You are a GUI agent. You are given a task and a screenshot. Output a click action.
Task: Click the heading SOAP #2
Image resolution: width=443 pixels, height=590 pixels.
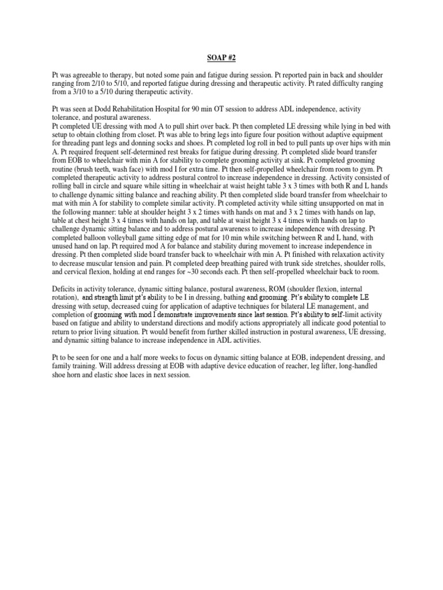[x=221, y=57]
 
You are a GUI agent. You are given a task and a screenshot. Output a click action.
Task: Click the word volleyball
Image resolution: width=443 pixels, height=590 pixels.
[x=115, y=237]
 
